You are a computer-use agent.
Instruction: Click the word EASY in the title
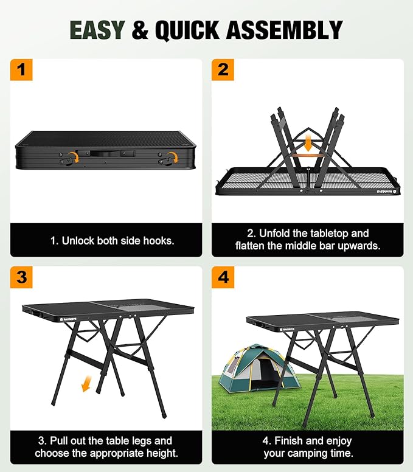(x=97, y=30)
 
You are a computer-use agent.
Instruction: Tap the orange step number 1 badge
(x=22, y=70)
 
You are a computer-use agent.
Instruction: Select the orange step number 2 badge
(x=223, y=70)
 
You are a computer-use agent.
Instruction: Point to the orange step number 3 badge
(x=22, y=277)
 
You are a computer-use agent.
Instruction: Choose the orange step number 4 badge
(x=223, y=277)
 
